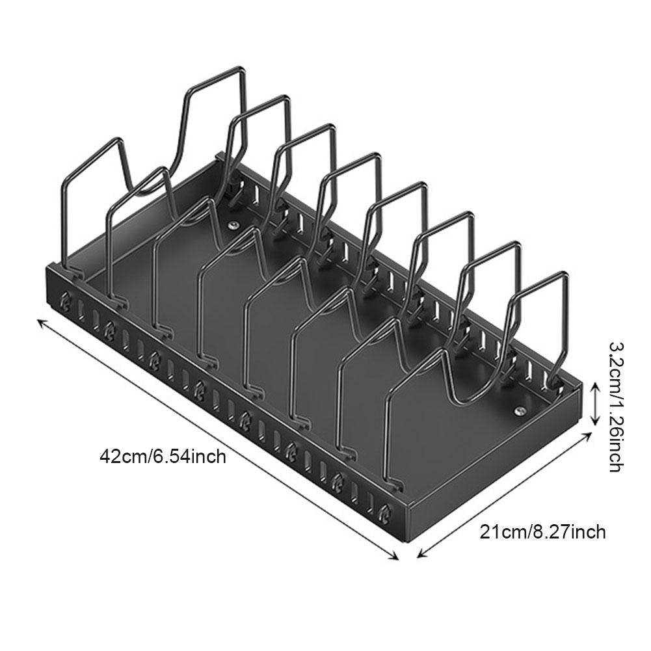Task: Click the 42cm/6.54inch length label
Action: [162, 456]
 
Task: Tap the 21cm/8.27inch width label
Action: [542, 532]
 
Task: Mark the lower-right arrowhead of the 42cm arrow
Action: [395, 557]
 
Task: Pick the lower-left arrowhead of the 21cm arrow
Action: [420, 556]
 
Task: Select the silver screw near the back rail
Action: [232, 226]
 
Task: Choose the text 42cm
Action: [124, 456]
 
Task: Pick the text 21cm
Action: [497, 532]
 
